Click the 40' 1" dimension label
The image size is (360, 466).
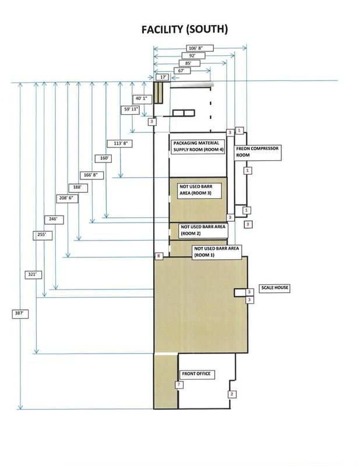click(x=142, y=98)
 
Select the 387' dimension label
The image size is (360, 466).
click(x=20, y=313)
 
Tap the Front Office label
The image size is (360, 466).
click(x=195, y=374)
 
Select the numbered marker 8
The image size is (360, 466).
click(x=158, y=256)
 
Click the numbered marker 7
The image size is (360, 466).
click(x=179, y=385)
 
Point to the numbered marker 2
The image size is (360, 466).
click(x=232, y=394)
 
